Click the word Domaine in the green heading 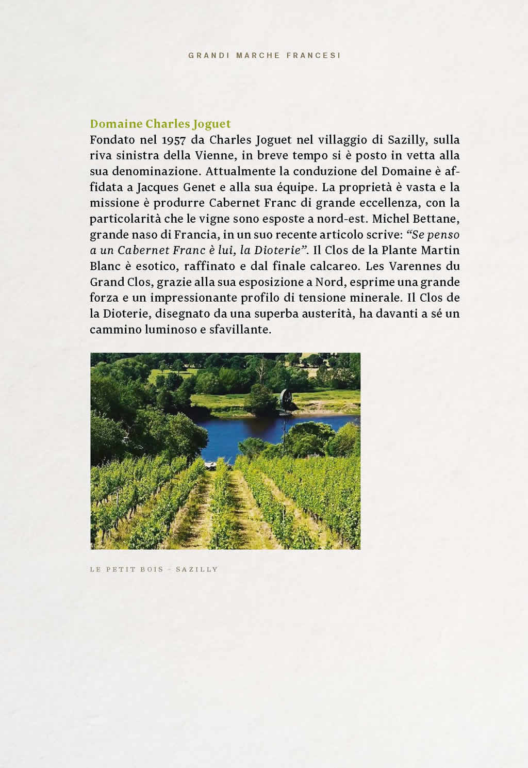[x=116, y=124]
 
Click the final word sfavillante [x=240, y=330]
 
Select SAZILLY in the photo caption [x=196, y=569]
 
